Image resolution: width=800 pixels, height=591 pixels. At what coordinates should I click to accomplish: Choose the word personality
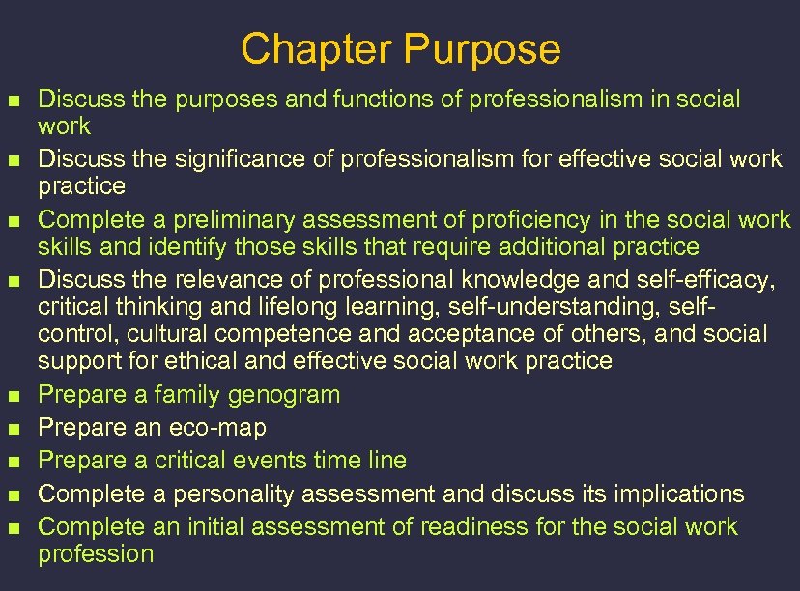pos(236,493)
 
